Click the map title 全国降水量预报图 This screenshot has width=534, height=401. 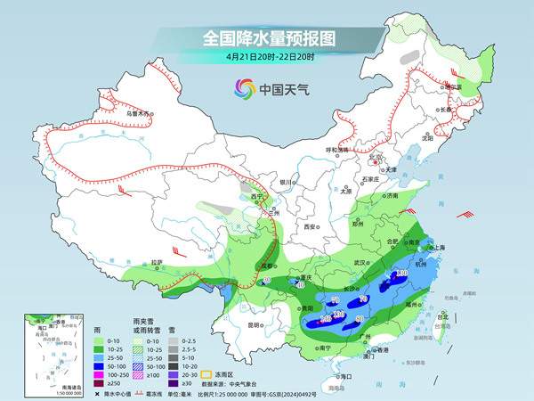coord(266,38)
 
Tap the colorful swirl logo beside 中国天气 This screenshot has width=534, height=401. coord(243,88)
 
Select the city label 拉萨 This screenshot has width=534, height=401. coord(158,262)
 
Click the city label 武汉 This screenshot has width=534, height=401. coord(360,263)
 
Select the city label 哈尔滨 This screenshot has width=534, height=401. coord(454,87)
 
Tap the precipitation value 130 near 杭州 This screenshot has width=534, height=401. coord(401,273)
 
